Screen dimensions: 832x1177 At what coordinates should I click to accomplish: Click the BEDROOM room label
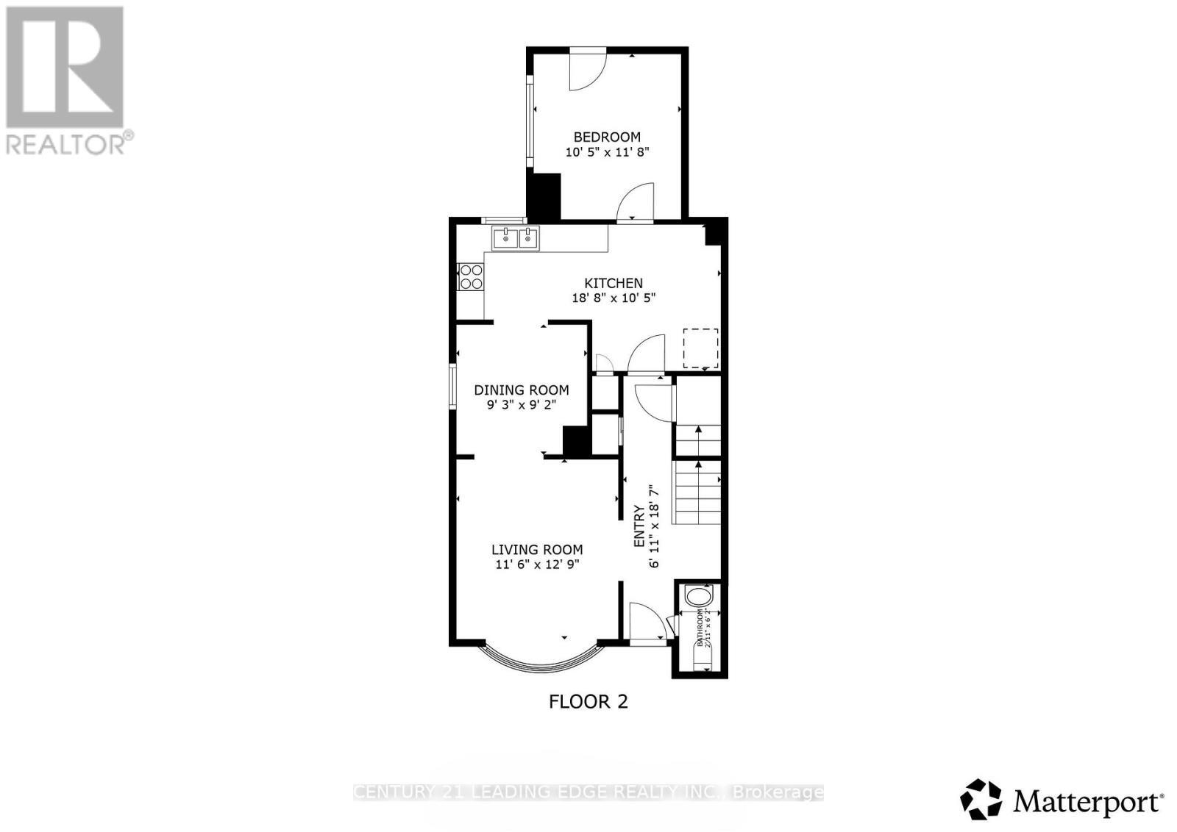click(x=607, y=137)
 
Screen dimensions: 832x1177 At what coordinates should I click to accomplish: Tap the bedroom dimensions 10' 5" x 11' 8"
click(x=607, y=152)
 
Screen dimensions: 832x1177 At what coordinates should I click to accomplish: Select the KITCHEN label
click(x=614, y=283)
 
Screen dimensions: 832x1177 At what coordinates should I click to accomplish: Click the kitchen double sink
click(x=516, y=238)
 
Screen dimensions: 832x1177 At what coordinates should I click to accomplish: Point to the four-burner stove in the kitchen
click(x=471, y=276)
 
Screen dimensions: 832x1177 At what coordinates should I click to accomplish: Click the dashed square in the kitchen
click(x=700, y=348)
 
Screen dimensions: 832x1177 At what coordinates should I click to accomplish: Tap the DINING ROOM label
click(x=521, y=390)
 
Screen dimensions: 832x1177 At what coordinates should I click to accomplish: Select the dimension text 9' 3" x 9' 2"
click(x=521, y=405)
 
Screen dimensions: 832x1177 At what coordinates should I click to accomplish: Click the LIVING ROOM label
click(x=537, y=550)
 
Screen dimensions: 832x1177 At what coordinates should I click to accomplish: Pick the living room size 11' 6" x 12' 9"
click(x=537, y=564)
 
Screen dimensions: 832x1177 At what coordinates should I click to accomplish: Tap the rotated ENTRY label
click(x=639, y=526)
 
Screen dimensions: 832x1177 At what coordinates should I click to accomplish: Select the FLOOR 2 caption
click(x=588, y=702)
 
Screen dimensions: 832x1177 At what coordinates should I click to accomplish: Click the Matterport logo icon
click(x=981, y=800)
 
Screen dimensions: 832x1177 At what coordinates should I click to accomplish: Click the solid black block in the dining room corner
click(x=577, y=440)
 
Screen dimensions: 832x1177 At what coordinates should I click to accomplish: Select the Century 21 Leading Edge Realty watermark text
click(x=588, y=792)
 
